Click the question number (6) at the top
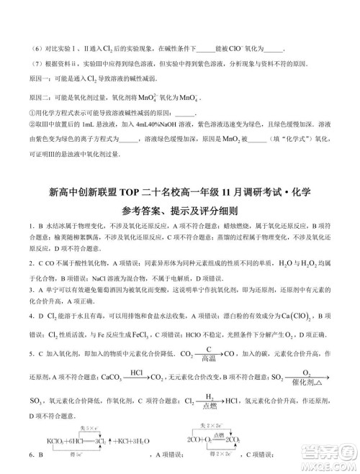pos(34,47)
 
